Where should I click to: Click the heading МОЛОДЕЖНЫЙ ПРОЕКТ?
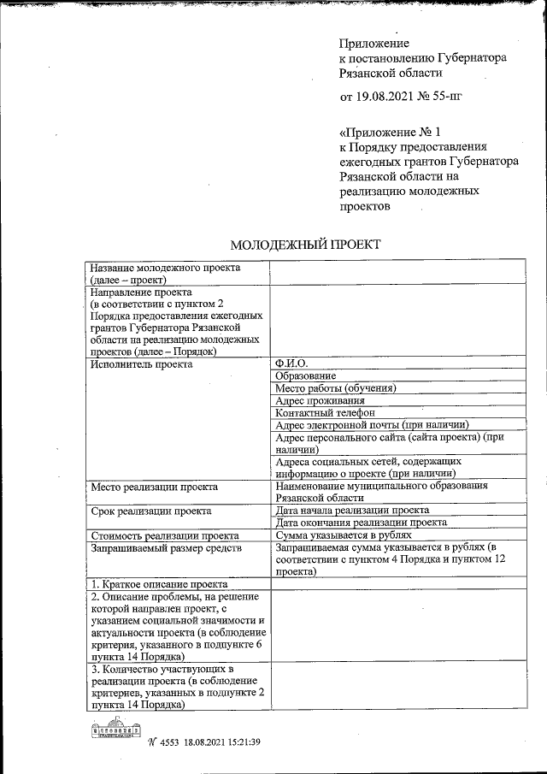[x=305, y=245]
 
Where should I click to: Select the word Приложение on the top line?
[x=374, y=43]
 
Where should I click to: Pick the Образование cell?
[x=305, y=375]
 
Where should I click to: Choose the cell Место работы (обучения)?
[x=336, y=388]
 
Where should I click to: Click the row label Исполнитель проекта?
[x=141, y=363]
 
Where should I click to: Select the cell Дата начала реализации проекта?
[x=352, y=510]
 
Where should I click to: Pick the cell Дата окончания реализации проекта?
[x=361, y=522]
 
